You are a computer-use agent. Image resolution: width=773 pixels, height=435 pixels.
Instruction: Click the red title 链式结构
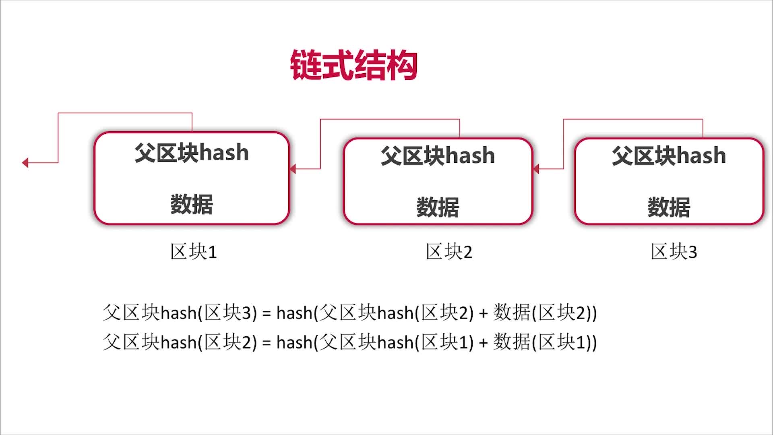coord(353,65)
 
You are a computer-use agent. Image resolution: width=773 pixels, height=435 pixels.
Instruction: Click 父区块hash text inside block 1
coord(192,153)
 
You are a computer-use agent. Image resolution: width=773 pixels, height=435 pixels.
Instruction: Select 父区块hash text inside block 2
coord(438,155)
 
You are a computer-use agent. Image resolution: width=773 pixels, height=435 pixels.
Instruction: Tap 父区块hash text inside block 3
coord(669,155)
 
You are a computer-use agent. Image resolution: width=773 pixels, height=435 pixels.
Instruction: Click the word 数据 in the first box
coord(192,204)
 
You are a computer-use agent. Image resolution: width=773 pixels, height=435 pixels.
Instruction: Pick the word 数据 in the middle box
coord(438,207)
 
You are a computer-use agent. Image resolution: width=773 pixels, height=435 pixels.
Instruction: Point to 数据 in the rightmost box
coord(669,207)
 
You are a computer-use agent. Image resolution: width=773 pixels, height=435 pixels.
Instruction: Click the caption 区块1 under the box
coord(194,252)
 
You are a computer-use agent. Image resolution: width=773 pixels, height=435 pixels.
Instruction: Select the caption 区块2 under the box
coord(449,252)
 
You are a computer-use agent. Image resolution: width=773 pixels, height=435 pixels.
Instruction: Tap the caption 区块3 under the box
coord(674,252)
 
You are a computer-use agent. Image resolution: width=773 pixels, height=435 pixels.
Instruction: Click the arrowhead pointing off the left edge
coord(25,163)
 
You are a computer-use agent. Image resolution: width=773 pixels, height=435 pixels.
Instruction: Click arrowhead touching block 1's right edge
coord(293,169)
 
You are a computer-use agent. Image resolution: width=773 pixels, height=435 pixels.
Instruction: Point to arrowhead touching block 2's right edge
coord(536,169)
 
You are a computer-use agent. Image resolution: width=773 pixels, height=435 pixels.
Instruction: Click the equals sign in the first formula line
coord(266,313)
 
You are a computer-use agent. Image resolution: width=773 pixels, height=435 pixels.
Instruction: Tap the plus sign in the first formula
coord(483,313)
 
